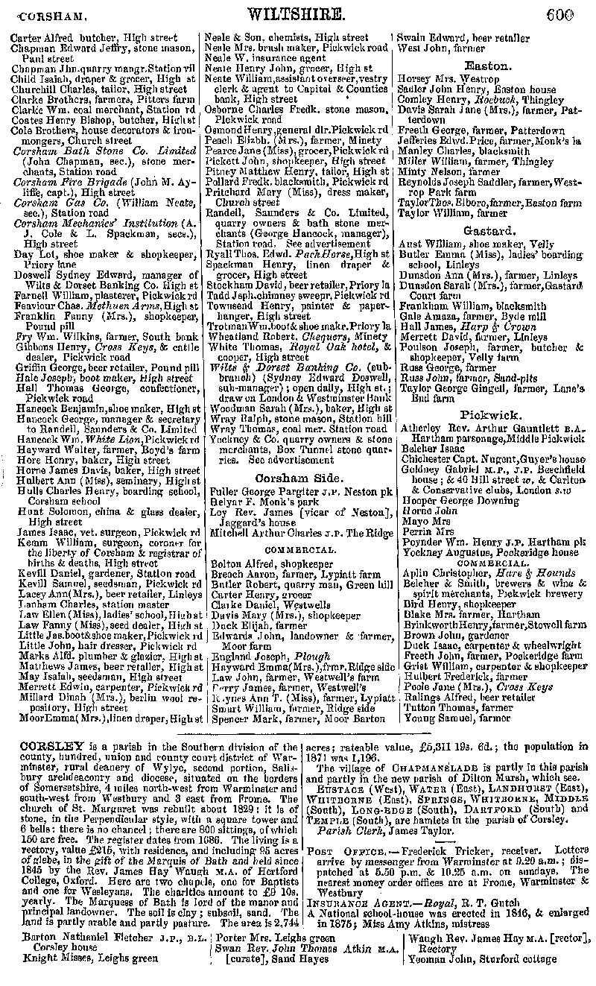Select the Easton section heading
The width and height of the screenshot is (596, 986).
pos(488,66)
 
